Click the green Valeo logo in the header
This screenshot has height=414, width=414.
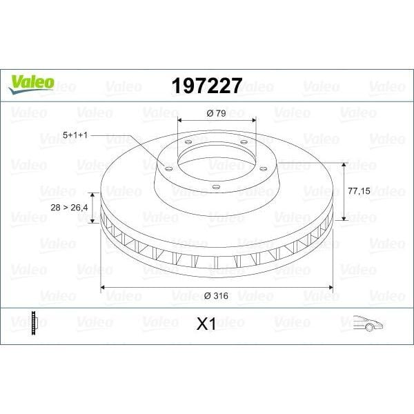[x=30, y=81]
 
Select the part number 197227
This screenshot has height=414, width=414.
[x=206, y=86]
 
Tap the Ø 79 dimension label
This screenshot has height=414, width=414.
[x=217, y=113]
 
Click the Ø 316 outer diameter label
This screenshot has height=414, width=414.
[x=217, y=295]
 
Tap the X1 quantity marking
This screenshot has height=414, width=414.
[x=206, y=324]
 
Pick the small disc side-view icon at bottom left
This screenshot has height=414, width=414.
[x=34, y=323]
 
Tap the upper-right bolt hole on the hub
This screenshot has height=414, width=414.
[x=245, y=144]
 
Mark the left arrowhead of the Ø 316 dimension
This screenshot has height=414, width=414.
[x=104, y=286]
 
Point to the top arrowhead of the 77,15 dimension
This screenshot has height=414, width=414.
[x=343, y=165]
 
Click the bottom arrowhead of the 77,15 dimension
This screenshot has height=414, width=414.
[x=343, y=219]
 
